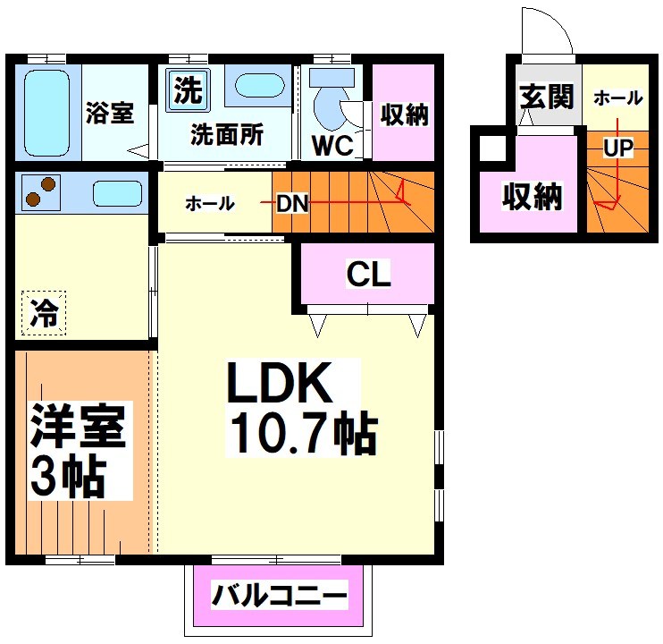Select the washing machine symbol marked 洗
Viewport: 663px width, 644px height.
[187, 89]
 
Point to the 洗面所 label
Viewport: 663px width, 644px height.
[227, 135]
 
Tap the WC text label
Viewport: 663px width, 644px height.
[332, 145]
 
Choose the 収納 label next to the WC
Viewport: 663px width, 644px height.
[404, 114]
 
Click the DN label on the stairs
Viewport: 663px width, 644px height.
[291, 203]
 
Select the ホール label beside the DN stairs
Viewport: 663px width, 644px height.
[210, 204]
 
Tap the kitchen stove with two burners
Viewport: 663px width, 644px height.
[38, 192]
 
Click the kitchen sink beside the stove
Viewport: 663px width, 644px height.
[117, 193]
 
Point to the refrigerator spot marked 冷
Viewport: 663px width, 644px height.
[43, 314]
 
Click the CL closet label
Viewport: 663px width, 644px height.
[369, 275]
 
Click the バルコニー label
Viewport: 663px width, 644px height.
[278, 595]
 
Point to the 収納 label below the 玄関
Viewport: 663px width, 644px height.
[531, 196]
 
